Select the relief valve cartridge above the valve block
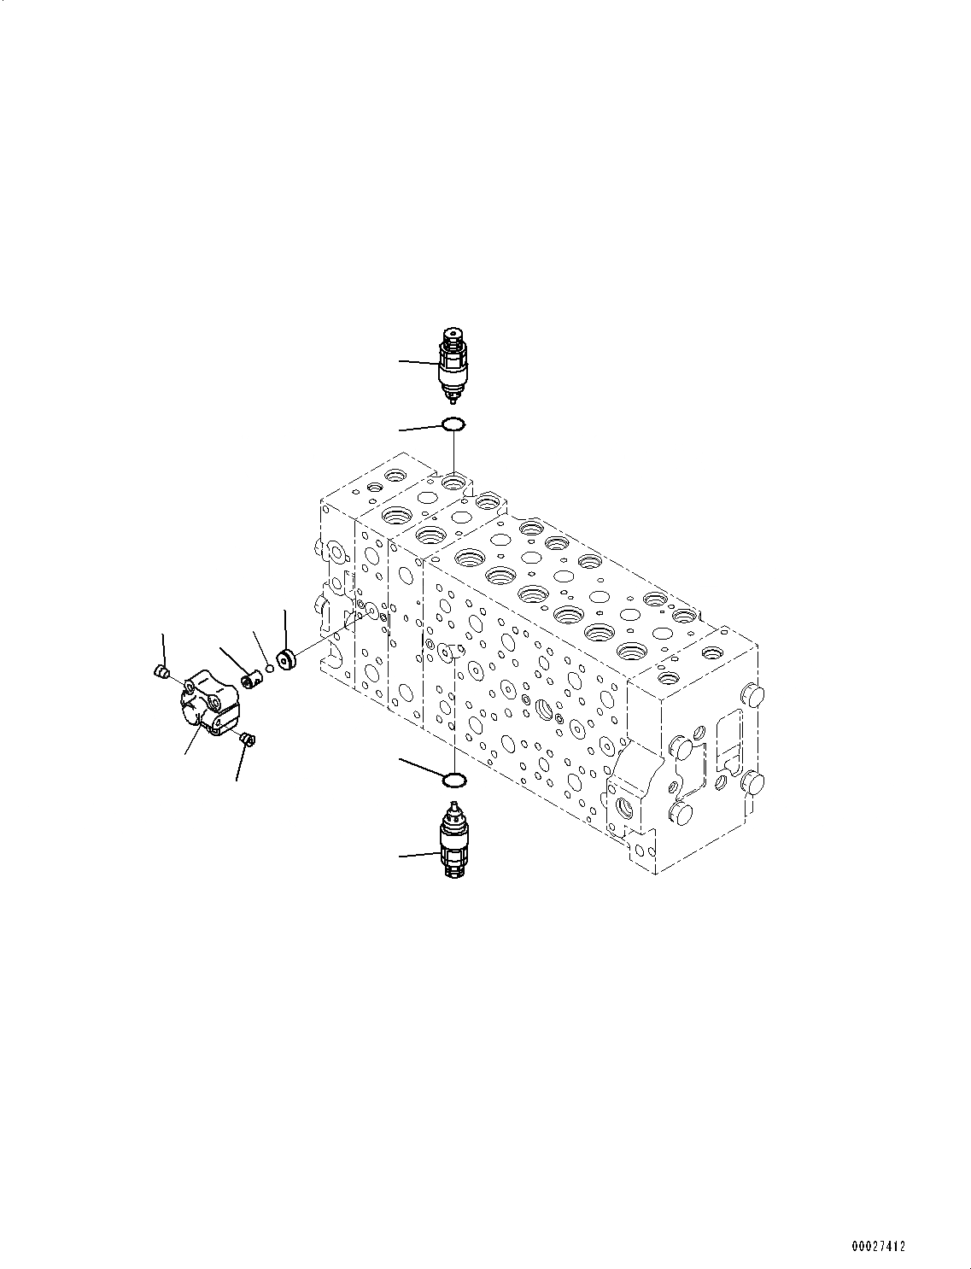pos(452,365)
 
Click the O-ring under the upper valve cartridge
pos(453,424)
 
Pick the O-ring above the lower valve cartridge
pos(454,779)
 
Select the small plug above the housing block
pos(159,674)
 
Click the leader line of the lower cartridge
pos(418,853)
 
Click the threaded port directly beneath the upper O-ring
pos(453,483)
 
